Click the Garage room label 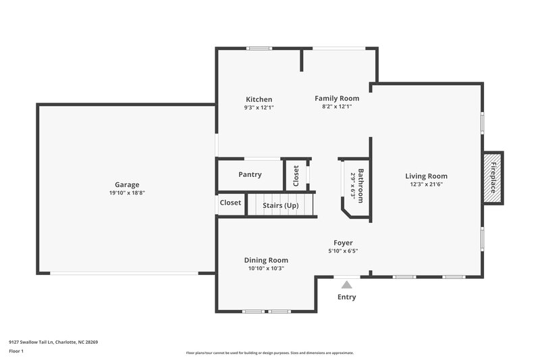click(x=127, y=184)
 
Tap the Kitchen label click(x=259, y=99)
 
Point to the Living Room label click(x=426, y=176)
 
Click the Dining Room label click(x=266, y=260)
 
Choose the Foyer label click(x=343, y=243)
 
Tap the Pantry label click(x=250, y=175)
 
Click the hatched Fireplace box click(x=493, y=178)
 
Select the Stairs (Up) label click(x=280, y=205)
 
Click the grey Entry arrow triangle click(x=346, y=285)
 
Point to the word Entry click(x=346, y=297)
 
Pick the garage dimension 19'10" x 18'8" click(x=127, y=192)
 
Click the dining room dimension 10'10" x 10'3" click(x=266, y=268)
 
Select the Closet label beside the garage click(x=230, y=203)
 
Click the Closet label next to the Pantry click(x=296, y=176)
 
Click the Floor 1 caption click(x=17, y=352)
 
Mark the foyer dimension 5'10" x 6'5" click(x=343, y=251)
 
